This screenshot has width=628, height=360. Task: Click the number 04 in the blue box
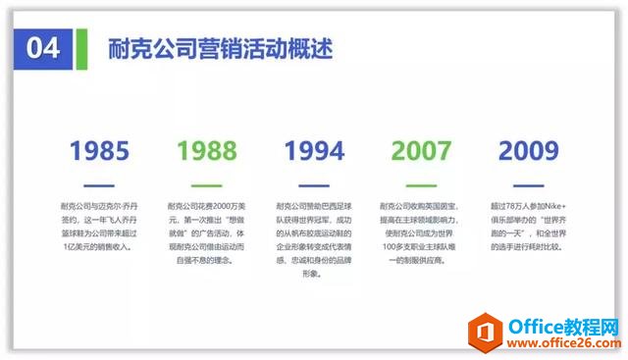tap(43, 48)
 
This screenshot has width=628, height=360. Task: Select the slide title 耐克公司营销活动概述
tap(221, 48)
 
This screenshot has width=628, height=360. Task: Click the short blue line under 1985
tap(98, 184)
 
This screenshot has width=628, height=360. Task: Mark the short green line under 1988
tap(206, 184)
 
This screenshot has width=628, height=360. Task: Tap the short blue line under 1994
tap(314, 184)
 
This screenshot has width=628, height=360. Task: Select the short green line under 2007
tap(422, 184)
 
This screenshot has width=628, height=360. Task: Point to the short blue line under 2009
tap(529, 184)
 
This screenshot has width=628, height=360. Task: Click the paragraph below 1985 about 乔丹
tap(98, 227)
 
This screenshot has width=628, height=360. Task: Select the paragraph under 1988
tap(206, 227)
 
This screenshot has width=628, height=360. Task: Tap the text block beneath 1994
tap(314, 240)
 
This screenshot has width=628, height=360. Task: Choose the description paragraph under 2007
tap(422, 233)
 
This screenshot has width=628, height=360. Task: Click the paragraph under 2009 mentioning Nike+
tap(529, 227)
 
